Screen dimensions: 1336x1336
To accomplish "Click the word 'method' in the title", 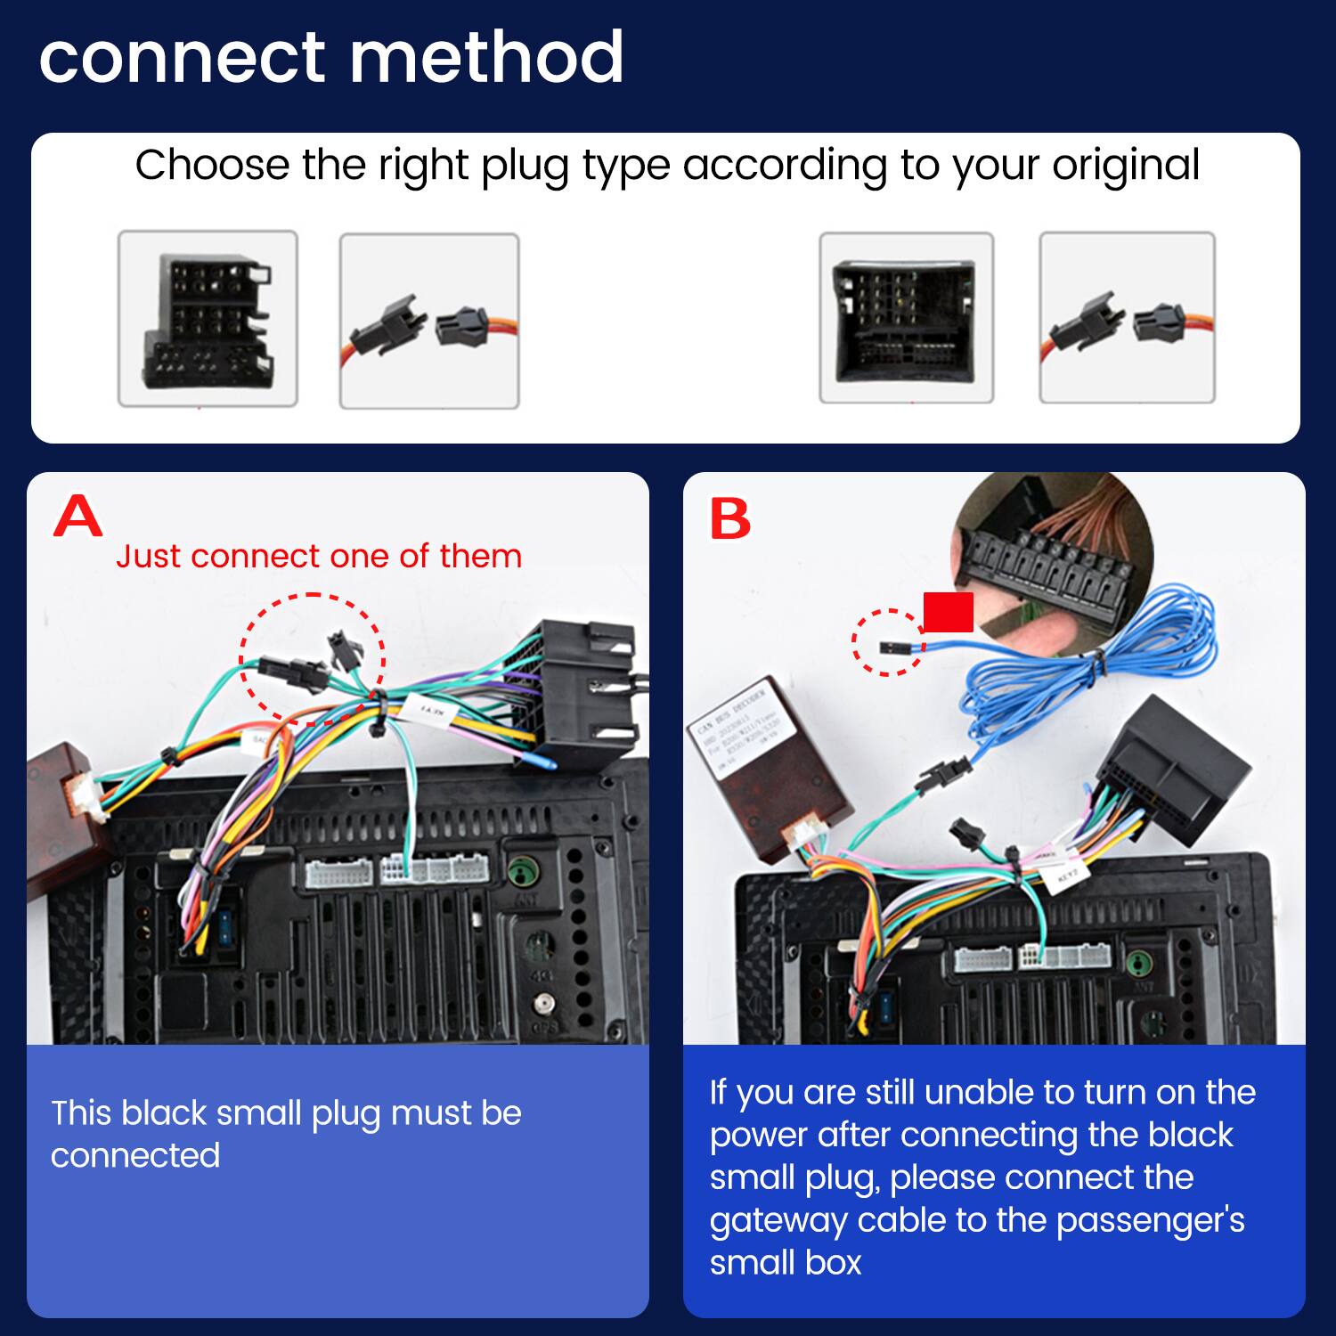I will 486,58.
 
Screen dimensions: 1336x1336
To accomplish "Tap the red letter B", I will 729,518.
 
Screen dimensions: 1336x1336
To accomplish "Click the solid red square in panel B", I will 948,612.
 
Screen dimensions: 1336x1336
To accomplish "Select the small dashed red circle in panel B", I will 888,642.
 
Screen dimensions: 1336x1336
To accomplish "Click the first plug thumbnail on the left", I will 208,319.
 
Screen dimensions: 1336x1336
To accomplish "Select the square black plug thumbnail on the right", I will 906,318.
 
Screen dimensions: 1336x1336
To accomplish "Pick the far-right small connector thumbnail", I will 1127,318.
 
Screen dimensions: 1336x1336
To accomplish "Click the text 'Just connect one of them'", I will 318,556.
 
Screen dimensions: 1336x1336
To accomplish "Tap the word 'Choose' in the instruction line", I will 212,166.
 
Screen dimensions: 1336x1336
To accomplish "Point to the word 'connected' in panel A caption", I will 134,1155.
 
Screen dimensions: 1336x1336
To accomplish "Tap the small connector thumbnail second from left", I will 428,322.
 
